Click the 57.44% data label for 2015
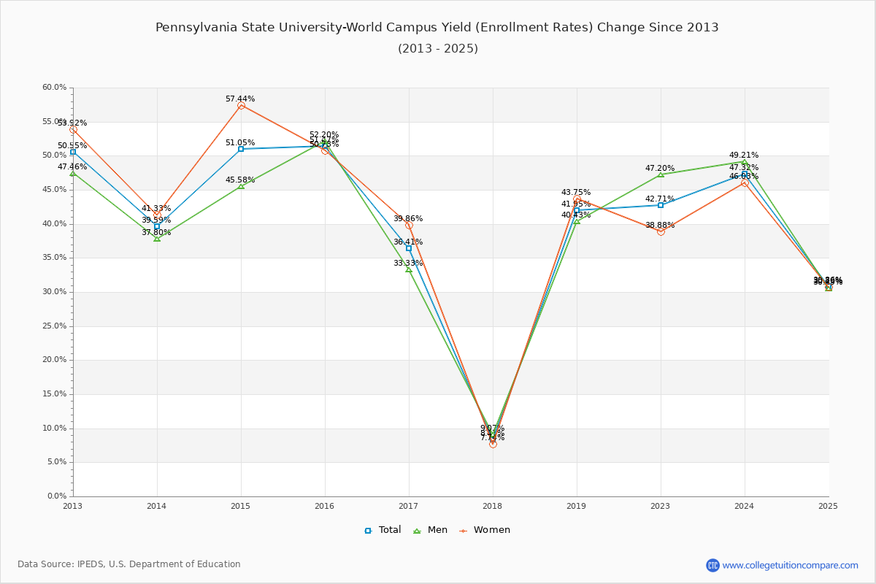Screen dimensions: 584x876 point(240,99)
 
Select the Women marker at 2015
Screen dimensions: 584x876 point(241,106)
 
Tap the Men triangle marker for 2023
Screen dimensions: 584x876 point(661,174)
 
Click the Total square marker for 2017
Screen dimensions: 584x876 point(409,248)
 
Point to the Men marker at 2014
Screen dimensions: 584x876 point(157,239)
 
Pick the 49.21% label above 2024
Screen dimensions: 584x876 point(743,155)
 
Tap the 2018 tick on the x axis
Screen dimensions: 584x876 point(493,505)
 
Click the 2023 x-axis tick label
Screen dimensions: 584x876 point(661,505)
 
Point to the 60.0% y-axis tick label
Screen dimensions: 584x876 point(54,88)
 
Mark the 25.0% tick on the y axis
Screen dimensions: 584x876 point(54,326)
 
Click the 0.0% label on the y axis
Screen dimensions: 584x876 point(56,496)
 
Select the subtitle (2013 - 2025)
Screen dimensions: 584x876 point(437,49)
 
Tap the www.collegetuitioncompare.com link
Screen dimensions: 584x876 point(790,565)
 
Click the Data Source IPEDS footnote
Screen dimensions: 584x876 point(129,564)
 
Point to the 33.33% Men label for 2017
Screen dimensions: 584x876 point(408,263)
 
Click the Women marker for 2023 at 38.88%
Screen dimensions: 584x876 point(661,231)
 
